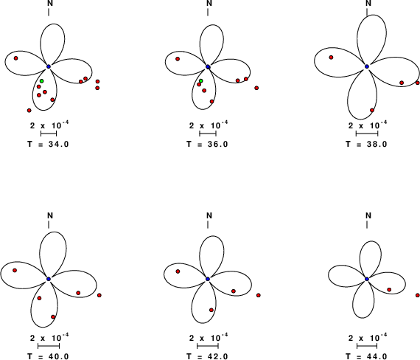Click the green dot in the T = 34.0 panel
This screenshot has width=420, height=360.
point(41,81)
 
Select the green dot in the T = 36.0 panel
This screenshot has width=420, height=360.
point(201,81)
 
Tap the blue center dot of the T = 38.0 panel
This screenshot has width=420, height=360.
point(367,66)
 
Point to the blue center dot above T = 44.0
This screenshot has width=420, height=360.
point(367,280)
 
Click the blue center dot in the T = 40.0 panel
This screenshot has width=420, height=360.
point(49,279)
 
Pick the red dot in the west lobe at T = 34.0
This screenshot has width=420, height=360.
point(15,58)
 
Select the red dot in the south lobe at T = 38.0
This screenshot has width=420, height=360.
point(372,110)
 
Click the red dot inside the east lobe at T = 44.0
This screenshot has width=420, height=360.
point(389,290)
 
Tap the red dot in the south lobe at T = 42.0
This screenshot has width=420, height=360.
point(211,310)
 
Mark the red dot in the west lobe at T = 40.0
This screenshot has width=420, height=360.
point(15,271)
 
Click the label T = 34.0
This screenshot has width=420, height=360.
point(48,145)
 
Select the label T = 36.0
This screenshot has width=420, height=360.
point(207,145)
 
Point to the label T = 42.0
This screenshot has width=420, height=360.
point(207,356)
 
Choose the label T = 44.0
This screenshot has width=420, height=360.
point(366,356)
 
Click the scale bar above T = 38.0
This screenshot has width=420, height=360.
point(367,134)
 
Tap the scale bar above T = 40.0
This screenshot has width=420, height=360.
point(49,346)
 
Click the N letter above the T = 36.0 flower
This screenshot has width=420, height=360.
point(209,3)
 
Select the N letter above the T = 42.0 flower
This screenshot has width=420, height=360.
point(209,215)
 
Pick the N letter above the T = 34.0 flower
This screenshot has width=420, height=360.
point(50,3)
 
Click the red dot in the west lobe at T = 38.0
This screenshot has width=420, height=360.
point(331,58)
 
